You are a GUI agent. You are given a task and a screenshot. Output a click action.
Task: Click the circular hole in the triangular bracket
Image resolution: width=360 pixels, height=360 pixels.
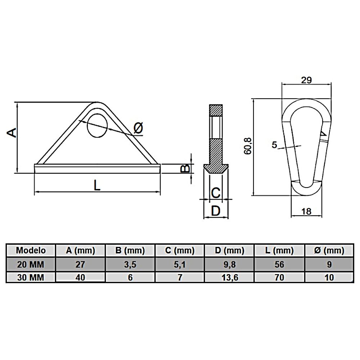(x=98, y=126)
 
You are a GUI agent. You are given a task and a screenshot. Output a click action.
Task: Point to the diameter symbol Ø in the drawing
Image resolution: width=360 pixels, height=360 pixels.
(x=138, y=127)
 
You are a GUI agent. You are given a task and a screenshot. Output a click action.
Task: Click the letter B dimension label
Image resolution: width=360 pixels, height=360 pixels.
(x=184, y=168)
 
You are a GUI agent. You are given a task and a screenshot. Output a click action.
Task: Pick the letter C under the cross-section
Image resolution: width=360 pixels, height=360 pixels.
(x=216, y=193)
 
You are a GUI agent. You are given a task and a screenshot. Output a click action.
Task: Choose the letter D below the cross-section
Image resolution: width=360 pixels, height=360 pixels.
(x=215, y=211)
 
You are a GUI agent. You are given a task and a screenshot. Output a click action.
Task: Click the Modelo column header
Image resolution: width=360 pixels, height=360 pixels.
(x=31, y=250)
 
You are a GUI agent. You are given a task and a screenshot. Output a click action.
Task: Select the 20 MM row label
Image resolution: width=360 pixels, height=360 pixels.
(x=31, y=265)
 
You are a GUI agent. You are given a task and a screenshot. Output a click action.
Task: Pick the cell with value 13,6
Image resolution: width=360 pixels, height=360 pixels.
(x=229, y=277)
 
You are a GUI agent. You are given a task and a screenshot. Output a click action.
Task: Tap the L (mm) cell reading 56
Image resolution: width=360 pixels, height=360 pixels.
(x=279, y=265)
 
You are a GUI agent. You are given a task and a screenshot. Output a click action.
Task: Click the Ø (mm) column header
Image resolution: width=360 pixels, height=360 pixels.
(x=329, y=250)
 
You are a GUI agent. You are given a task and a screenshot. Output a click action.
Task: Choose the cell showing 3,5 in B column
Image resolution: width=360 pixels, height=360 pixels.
(x=130, y=265)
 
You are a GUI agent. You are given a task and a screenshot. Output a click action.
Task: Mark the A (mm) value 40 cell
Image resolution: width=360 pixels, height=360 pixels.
(x=80, y=277)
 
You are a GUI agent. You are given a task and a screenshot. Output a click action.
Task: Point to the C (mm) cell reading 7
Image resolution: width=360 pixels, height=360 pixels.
(x=180, y=277)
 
